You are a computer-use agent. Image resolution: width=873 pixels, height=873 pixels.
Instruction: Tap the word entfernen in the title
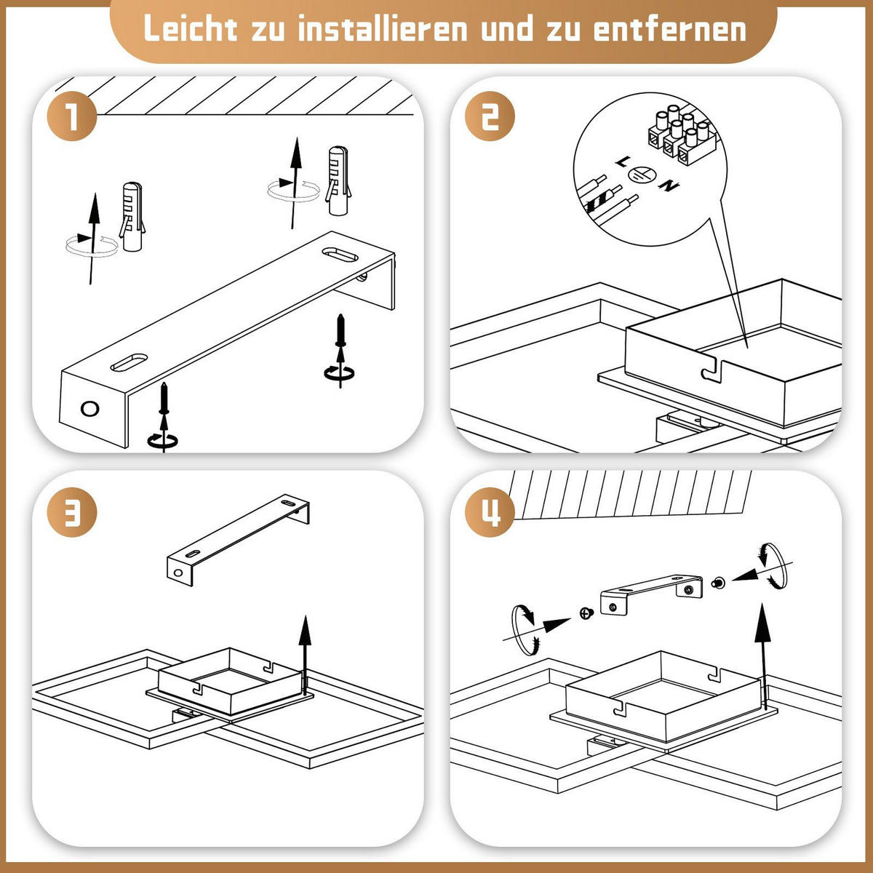tap(669, 29)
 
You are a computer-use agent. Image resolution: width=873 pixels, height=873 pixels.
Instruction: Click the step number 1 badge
tap(71, 117)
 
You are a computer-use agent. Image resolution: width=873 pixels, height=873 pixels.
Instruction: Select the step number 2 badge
tap(490, 117)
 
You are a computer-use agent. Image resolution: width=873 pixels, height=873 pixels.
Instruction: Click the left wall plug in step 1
tap(132, 217)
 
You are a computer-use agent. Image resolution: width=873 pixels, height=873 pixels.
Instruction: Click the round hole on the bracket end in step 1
tap(90, 408)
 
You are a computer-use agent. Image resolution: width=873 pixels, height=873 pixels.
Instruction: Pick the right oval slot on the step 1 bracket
tap(340, 255)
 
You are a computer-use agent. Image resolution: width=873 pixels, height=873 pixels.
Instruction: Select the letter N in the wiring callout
tap(668, 186)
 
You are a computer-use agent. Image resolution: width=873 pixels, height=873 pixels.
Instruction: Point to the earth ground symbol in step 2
tap(642, 175)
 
